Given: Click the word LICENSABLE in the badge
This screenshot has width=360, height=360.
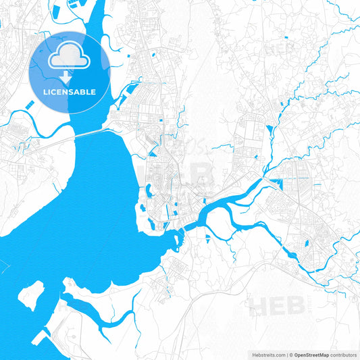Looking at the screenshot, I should coord(70,92).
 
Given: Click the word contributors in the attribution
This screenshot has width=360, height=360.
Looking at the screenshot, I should coord(342,355).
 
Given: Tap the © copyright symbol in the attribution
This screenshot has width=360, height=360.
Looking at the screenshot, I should coord(288,355).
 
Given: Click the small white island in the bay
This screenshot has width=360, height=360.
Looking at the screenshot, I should coord(30,296).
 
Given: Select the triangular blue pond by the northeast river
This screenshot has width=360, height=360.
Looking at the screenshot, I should coord(271,128).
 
